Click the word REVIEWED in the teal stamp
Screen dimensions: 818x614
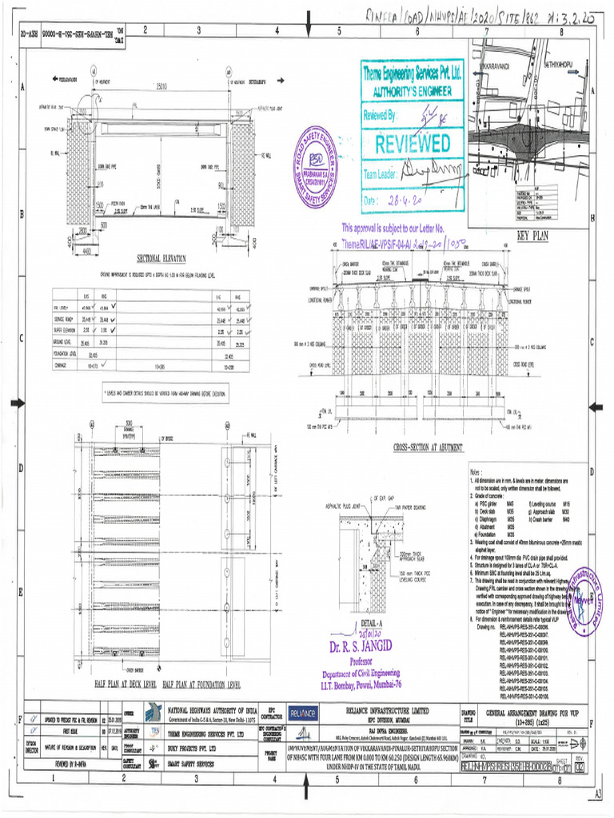click(413, 145)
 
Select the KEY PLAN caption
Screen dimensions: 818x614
click(530, 236)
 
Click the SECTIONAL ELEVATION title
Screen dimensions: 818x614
click(161, 258)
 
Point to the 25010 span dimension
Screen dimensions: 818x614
click(161, 86)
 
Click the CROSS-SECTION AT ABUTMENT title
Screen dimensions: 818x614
click(429, 448)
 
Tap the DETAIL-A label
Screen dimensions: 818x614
click(372, 621)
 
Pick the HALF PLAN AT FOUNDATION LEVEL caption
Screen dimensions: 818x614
click(202, 685)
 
